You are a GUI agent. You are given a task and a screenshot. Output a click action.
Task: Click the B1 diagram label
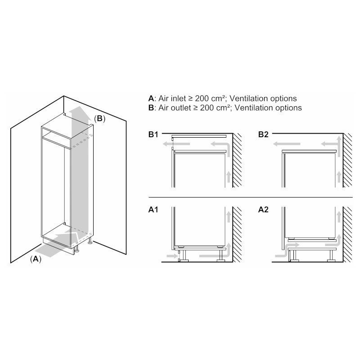(x=153, y=135)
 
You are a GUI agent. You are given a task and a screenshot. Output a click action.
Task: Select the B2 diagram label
(x=263, y=135)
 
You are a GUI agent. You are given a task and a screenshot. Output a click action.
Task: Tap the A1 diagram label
(x=153, y=210)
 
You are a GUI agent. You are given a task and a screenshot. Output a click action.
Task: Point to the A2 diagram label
(x=263, y=210)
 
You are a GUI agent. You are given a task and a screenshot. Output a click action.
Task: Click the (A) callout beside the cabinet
(x=36, y=259)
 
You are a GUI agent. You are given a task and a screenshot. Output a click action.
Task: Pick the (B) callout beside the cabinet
(x=99, y=118)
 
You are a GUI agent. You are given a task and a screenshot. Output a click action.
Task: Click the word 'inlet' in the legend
(x=178, y=99)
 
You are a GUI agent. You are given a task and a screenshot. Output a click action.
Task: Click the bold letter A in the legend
(x=151, y=99)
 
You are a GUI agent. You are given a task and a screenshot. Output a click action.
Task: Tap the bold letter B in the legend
(x=151, y=108)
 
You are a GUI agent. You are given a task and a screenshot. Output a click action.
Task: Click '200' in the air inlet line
(x=202, y=99)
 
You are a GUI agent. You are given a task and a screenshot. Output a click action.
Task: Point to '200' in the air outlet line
(x=207, y=108)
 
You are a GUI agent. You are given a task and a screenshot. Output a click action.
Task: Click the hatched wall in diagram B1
(x=238, y=160)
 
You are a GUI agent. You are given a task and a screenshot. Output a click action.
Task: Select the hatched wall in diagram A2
(x=347, y=234)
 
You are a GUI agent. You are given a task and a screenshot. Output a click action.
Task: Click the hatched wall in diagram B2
(x=347, y=160)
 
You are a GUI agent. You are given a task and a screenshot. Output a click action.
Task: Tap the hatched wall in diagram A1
(x=238, y=234)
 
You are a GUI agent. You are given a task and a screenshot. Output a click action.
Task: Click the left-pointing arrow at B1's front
(x=176, y=144)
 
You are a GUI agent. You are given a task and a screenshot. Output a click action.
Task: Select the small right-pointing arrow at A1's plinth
(x=171, y=256)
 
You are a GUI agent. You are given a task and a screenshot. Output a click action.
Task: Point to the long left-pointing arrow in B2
(x=287, y=144)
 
